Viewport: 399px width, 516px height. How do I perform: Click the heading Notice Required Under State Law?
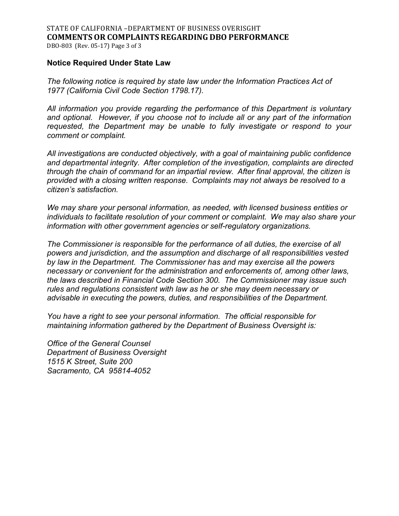pos(109,63)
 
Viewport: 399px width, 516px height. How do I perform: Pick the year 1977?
pos(55,90)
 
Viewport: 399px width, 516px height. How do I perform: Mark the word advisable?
pos(63,298)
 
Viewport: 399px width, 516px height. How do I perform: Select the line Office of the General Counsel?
pos(99,344)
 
